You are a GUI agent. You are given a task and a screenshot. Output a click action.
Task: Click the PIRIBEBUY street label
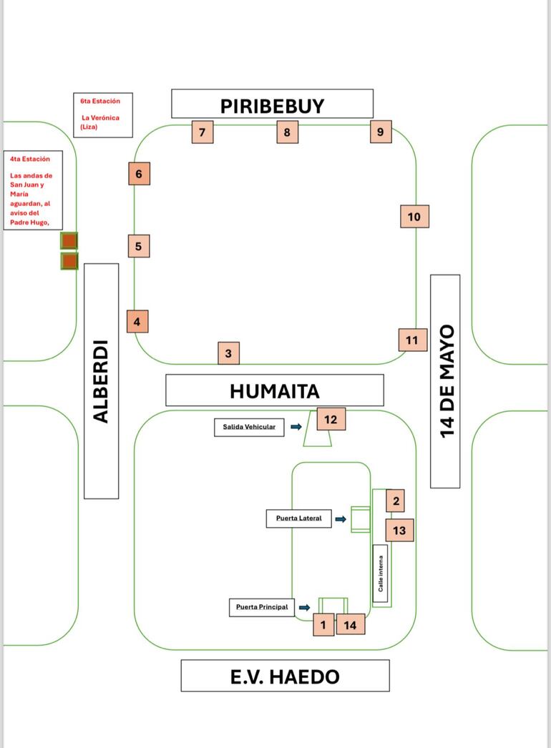point(272,104)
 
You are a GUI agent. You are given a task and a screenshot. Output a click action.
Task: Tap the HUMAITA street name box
point(274,390)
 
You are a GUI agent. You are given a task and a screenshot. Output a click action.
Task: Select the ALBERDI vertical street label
point(102,380)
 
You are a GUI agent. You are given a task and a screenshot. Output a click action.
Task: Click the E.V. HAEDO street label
point(285,676)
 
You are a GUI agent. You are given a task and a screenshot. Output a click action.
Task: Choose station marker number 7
point(202,132)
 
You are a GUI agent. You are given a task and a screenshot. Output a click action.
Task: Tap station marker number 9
point(381,132)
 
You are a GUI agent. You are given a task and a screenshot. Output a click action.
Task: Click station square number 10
point(414,217)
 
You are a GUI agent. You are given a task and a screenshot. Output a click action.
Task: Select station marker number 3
point(228,353)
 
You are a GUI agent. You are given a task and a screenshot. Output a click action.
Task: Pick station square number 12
point(331,419)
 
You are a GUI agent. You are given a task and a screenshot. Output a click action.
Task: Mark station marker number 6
point(139,174)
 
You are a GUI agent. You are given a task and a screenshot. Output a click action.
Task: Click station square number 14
point(351,625)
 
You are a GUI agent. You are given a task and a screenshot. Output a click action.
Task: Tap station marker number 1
point(323,625)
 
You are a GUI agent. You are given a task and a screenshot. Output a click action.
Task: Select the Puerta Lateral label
point(298,518)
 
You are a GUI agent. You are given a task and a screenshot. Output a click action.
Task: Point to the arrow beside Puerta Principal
point(304,608)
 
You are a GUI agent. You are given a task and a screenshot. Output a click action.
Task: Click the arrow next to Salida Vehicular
point(296,427)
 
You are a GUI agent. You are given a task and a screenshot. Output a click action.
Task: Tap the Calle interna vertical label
point(381,574)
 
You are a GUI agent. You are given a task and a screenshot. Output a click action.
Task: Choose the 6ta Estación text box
point(103,115)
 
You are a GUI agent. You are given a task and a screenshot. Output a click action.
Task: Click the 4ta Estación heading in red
point(30,159)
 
